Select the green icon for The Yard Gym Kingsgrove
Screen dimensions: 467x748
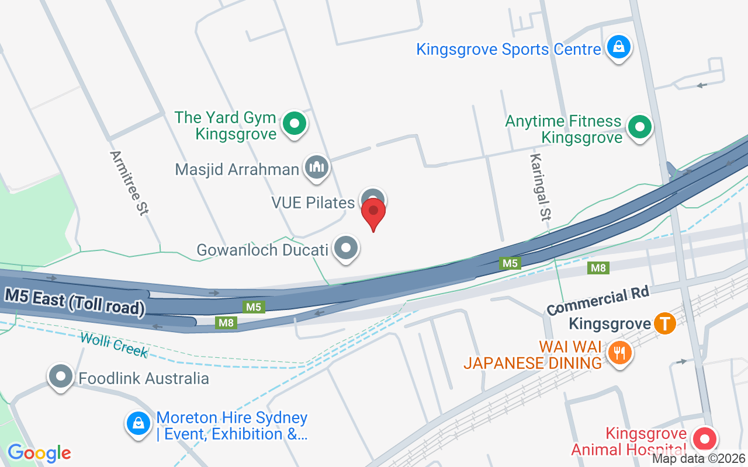pyautogui.click(x=295, y=124)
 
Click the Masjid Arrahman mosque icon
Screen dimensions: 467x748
pyautogui.click(x=317, y=168)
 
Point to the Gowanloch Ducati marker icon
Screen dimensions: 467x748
pyautogui.click(x=346, y=248)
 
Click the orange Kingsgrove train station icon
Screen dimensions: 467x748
pyautogui.click(x=665, y=323)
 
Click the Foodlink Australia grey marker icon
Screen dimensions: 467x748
pyautogui.click(x=61, y=377)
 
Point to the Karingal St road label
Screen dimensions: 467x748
pyautogui.click(x=540, y=187)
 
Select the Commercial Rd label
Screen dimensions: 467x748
pyautogui.click(x=598, y=301)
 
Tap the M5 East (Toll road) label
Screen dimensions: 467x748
pyautogui.click(x=75, y=302)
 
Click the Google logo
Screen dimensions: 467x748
pyautogui.click(x=39, y=453)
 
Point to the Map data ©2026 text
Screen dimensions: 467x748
pyautogui.click(x=699, y=459)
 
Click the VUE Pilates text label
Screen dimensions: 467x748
pyautogui.click(x=313, y=203)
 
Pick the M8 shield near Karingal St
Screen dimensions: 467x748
pyautogui.click(x=598, y=268)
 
